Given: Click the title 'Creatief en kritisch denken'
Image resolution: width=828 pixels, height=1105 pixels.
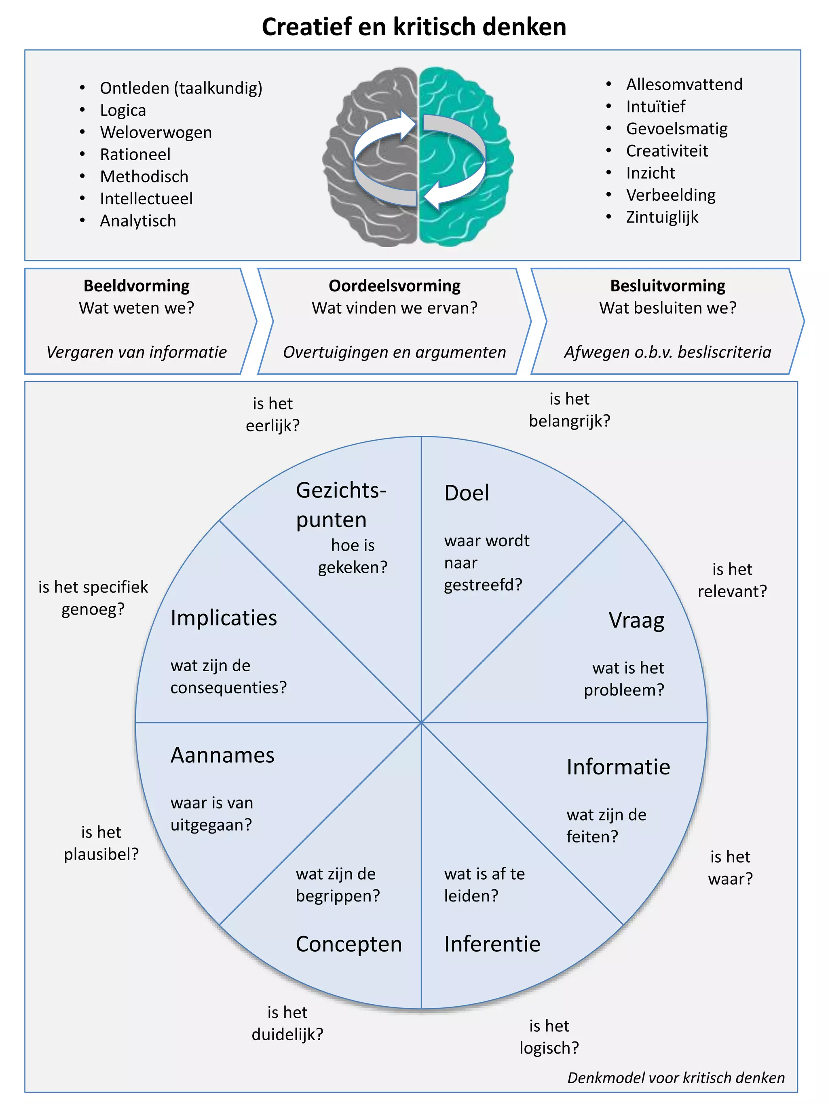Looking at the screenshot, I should click(x=414, y=27).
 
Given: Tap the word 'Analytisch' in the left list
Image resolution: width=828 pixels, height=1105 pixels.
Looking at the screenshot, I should click(x=138, y=221).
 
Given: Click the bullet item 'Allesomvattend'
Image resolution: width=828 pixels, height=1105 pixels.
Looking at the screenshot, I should click(x=684, y=85).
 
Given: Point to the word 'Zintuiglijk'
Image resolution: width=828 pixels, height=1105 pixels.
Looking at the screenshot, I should click(x=662, y=217).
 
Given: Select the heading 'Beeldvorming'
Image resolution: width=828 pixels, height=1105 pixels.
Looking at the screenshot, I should click(x=136, y=286).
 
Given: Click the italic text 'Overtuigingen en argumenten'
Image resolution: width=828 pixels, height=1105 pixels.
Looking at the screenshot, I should click(x=394, y=352).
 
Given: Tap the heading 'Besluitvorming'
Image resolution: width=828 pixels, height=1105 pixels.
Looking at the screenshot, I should click(x=667, y=286).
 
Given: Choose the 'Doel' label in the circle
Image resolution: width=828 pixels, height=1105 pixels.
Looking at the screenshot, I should click(x=466, y=493).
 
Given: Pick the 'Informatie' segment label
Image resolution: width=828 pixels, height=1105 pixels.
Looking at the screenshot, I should click(x=618, y=767).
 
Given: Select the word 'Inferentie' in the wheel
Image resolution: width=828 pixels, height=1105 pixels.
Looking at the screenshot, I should click(x=492, y=944).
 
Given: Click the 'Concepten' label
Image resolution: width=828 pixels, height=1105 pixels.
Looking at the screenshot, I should click(x=349, y=944).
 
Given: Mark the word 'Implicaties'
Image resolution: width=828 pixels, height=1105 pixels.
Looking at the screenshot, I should click(x=224, y=618).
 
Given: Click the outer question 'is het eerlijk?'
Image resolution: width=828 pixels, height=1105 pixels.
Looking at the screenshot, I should click(x=272, y=415).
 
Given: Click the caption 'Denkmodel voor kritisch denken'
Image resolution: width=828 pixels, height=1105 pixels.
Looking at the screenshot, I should click(x=676, y=1077).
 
